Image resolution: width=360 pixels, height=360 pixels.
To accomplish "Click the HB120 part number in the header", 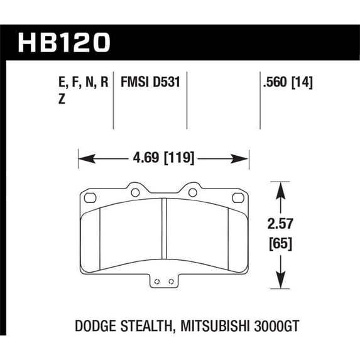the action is pyautogui.click(x=64, y=43).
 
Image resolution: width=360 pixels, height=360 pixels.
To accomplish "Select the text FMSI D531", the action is pyautogui.click(x=150, y=82).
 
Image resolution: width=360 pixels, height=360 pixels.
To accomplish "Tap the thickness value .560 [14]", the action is pyautogui.click(x=288, y=82).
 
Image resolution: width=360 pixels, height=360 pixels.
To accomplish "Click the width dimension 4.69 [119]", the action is pyautogui.click(x=163, y=158).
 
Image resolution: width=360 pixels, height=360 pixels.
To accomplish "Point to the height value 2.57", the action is pyautogui.click(x=280, y=224).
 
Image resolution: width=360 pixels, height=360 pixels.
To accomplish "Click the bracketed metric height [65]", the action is pyautogui.click(x=281, y=243).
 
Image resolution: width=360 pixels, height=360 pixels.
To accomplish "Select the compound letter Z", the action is pyautogui.click(x=62, y=99).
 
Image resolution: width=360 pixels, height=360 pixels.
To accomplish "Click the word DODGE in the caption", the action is pyautogui.click(x=95, y=326).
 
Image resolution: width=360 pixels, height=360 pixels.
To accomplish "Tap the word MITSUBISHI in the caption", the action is pyautogui.click(x=215, y=326).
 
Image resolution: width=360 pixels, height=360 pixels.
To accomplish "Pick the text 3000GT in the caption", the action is pyautogui.click(x=276, y=326).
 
